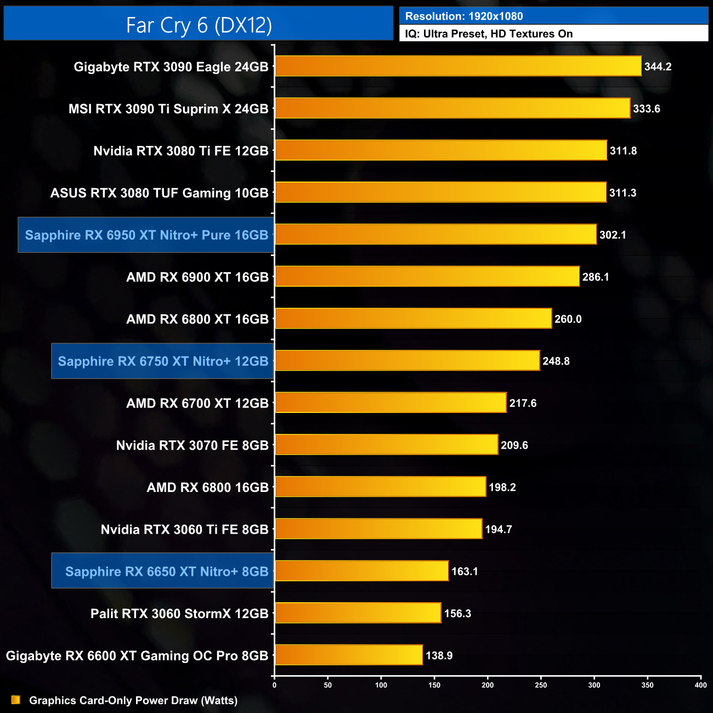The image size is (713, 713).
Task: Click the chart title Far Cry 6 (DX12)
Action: (x=199, y=25)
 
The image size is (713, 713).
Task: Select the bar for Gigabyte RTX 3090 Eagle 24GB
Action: (x=458, y=66)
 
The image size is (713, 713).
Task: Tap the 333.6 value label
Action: (x=646, y=109)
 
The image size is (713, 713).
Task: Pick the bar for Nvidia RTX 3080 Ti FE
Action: (x=441, y=150)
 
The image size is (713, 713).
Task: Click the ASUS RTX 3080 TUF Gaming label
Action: (x=159, y=193)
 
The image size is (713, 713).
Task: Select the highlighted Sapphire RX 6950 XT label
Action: (x=146, y=235)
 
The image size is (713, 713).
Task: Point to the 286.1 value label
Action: (x=595, y=277)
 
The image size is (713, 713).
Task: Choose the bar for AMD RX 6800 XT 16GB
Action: (x=413, y=319)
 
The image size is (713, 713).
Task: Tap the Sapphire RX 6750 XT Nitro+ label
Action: (x=163, y=361)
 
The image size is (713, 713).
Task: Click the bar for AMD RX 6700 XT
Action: (x=391, y=403)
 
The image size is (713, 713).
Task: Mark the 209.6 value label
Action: (x=514, y=445)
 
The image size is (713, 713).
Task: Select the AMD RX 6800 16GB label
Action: (x=207, y=488)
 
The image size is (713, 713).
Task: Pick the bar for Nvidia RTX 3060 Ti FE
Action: (x=378, y=529)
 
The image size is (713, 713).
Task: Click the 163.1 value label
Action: (x=464, y=571)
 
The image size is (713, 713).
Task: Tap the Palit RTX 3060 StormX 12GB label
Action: (x=179, y=614)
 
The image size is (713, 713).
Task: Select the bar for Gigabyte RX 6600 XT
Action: (x=349, y=655)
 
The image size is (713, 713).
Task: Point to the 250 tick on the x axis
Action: (x=541, y=685)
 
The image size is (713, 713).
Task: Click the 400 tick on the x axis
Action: (x=700, y=685)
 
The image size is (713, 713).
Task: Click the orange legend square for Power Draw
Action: (x=16, y=700)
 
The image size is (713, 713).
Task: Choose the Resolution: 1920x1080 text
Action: (x=463, y=16)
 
